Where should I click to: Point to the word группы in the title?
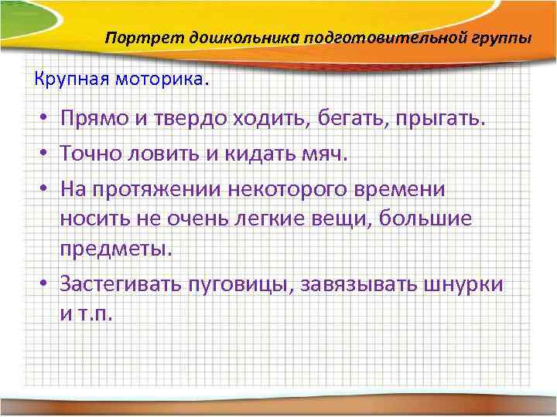coord(501,38)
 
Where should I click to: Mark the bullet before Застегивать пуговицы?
coord(46,284)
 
